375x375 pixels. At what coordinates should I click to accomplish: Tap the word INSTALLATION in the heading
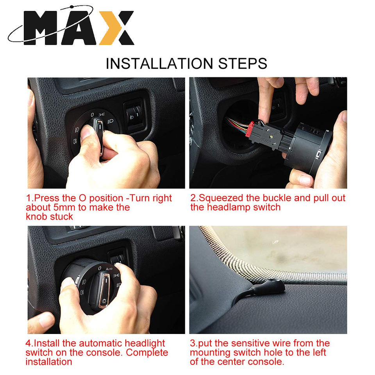coord(159,64)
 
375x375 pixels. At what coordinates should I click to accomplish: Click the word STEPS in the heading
coord(243,64)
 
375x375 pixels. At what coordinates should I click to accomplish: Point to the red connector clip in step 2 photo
coord(250,130)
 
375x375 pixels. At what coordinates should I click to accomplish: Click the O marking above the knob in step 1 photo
coord(93,115)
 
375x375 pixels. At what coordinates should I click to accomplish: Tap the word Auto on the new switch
coord(109,269)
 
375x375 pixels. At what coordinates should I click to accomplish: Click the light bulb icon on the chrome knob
coord(104,301)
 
